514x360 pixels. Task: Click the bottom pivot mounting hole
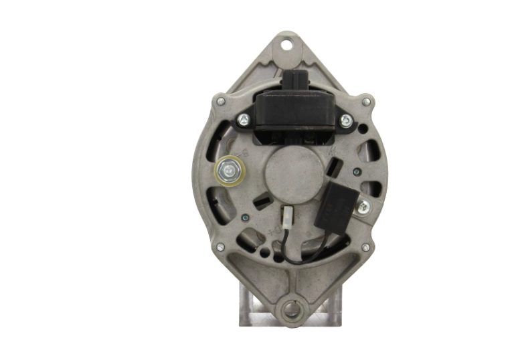(x=290, y=309)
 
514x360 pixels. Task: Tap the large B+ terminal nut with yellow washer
(x=230, y=172)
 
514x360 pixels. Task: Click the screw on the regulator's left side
(x=244, y=120)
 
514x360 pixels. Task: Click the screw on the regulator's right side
(x=345, y=120)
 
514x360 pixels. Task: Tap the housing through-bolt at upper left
(x=221, y=102)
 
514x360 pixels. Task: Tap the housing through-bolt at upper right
(x=366, y=102)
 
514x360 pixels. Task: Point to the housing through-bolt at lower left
(x=220, y=247)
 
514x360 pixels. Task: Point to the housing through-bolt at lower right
(x=365, y=247)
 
